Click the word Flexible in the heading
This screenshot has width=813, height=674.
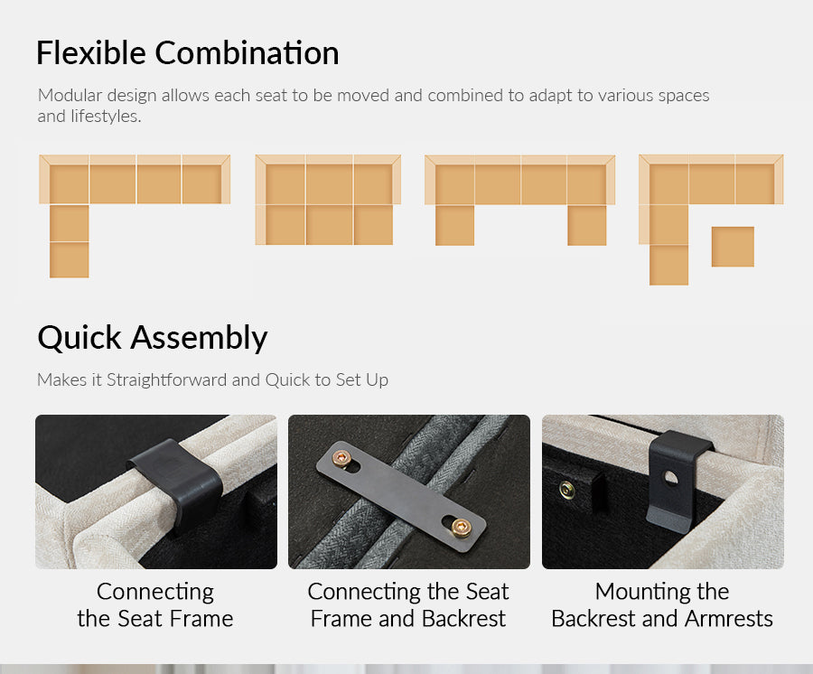91,53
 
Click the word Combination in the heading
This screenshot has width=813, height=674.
247,53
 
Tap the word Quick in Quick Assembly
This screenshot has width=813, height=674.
79,338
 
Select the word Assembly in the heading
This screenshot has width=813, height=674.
199,338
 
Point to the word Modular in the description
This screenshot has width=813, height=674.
70,96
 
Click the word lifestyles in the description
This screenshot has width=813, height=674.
106,117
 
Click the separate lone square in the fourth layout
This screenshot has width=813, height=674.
733,247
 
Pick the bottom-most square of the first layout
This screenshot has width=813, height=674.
69,259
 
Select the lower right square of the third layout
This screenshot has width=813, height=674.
587,226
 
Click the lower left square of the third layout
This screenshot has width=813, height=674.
454,226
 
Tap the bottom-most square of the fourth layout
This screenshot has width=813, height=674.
668,265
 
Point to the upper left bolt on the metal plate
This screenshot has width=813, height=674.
342,458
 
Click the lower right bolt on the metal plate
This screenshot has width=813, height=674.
461,528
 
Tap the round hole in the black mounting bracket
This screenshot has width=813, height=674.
670,478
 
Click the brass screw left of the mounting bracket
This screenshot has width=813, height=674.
567,489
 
